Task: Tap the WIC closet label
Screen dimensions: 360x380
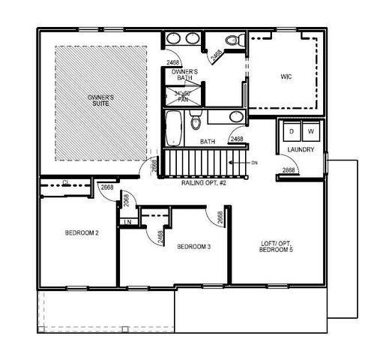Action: coord(286,76)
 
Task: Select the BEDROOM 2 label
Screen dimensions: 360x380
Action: coord(82,232)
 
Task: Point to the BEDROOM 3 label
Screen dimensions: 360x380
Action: coord(193,246)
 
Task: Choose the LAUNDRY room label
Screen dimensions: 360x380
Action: coord(299,150)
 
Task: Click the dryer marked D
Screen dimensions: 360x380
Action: coord(292,132)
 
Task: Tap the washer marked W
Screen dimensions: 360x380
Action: coord(310,132)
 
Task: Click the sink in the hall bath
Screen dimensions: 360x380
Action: coord(235,116)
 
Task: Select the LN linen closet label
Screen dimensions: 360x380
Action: coord(127,222)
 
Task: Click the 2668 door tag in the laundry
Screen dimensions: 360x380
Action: coord(289,171)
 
